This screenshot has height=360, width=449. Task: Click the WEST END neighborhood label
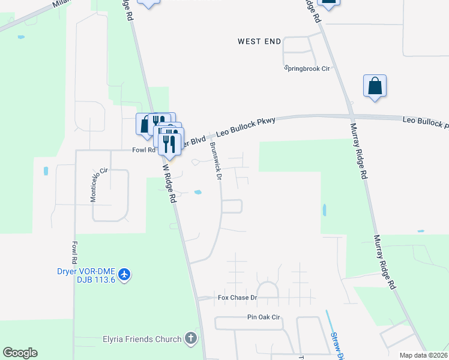[259, 41]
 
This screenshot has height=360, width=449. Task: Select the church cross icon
[190, 338]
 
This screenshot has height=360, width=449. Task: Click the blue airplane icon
[125, 275]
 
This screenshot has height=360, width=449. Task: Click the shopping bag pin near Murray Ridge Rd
[375, 86]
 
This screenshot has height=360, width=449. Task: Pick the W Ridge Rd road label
[169, 183]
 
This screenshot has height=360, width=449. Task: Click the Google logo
[20, 353]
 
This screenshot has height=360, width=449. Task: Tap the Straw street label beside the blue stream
[337, 345]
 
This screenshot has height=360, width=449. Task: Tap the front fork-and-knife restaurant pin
[169, 143]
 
